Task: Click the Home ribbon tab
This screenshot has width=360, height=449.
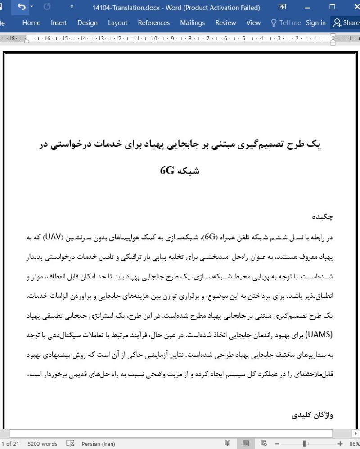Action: click(x=31, y=22)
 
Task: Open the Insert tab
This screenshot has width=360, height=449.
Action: click(x=59, y=22)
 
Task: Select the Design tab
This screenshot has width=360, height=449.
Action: click(x=87, y=22)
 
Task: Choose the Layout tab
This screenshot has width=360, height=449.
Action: click(x=117, y=22)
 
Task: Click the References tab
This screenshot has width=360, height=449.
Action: click(x=153, y=22)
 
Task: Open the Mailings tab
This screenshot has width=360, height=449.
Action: click(x=192, y=22)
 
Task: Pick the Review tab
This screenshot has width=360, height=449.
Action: click(x=225, y=22)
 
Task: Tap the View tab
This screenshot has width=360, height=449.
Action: click(x=253, y=22)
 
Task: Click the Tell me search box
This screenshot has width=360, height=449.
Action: click(x=284, y=22)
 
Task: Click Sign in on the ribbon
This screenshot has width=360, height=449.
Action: click(x=315, y=22)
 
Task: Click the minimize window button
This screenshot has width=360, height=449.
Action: click(x=307, y=7)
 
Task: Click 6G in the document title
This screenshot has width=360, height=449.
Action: click(x=167, y=171)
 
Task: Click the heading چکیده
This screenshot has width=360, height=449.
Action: click(x=323, y=217)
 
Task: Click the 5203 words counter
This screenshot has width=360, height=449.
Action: click(x=42, y=444)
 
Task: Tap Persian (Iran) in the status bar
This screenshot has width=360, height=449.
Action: click(x=97, y=444)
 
